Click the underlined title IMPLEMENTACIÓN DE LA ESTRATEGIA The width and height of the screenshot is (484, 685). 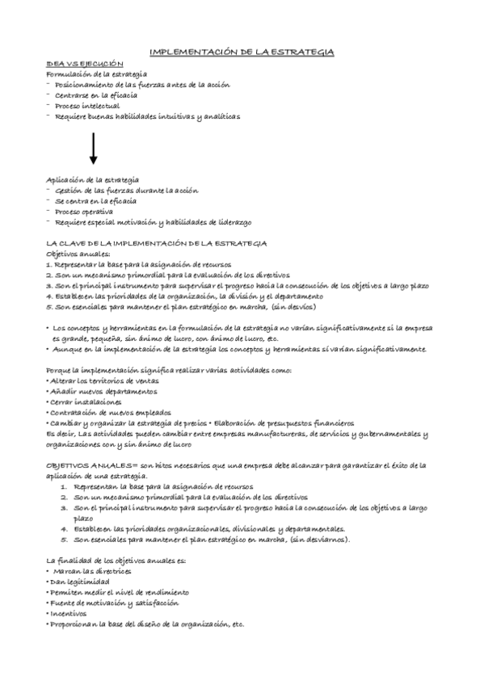(x=242, y=52)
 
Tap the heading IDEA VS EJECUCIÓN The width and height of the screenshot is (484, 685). (x=84, y=63)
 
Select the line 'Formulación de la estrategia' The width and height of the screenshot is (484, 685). (x=96, y=74)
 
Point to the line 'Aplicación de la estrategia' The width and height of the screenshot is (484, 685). (x=92, y=179)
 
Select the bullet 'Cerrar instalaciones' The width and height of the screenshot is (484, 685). (x=85, y=401)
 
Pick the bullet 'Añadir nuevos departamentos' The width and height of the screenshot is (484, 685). (x=103, y=391)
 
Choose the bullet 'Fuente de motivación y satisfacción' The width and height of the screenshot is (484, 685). (x=114, y=603)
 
